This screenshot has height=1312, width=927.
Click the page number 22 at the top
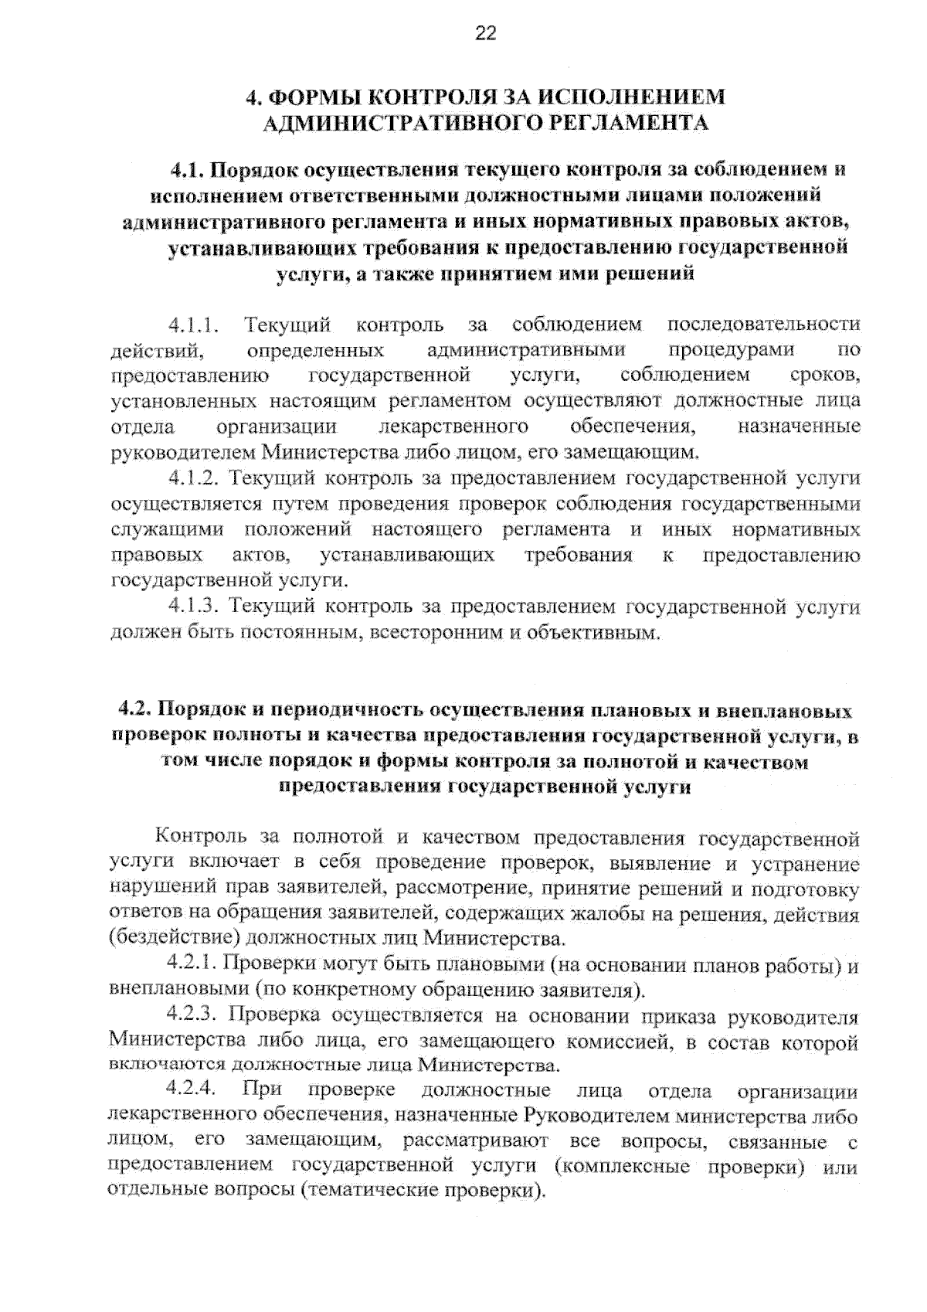[x=486, y=33]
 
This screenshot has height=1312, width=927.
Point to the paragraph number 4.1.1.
[x=195, y=325]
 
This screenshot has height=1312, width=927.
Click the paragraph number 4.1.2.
[x=195, y=478]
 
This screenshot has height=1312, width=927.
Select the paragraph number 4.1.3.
[x=195, y=607]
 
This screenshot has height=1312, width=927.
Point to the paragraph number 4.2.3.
[x=195, y=1015]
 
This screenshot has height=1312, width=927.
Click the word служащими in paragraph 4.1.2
[x=167, y=530]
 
